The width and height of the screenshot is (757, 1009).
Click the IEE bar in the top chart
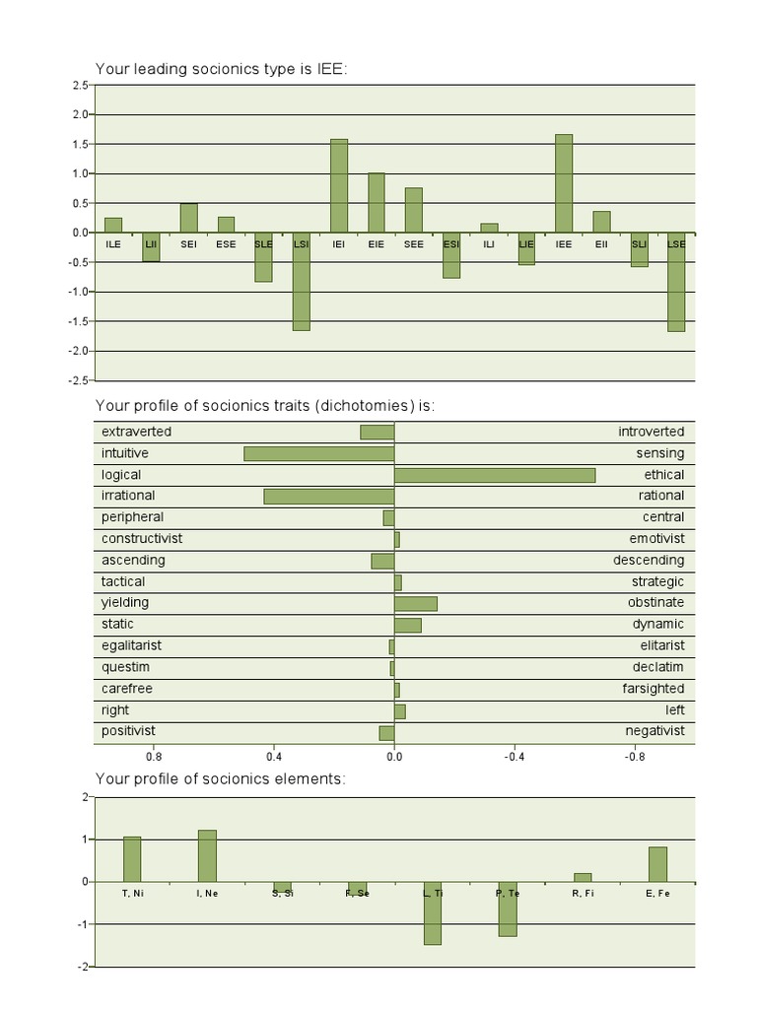pos(564,183)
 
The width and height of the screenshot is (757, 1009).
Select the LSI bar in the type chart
pos(301,282)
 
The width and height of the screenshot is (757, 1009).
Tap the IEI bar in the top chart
pos(338,185)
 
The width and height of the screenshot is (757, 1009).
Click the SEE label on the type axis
pos(413,243)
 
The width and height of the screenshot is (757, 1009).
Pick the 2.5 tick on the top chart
pos(80,86)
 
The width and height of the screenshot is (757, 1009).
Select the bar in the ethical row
pos(495,475)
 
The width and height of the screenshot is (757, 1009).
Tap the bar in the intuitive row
pos(319,453)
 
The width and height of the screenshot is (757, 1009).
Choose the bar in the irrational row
pos(329,497)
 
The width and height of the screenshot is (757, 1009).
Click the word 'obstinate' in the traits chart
pos(655,603)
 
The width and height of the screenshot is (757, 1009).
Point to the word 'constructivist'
pos(142,539)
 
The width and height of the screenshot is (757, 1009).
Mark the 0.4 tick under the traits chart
pos(274,757)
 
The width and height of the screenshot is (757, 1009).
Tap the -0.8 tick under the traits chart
pos(635,757)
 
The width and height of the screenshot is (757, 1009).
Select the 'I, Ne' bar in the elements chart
pos(207,855)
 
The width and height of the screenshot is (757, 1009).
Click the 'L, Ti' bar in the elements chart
pos(432,913)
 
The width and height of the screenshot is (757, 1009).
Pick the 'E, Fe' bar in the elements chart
pos(657,864)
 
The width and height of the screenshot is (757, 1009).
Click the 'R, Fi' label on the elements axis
pos(583,893)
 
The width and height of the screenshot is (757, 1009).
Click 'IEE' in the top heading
pos(329,68)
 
